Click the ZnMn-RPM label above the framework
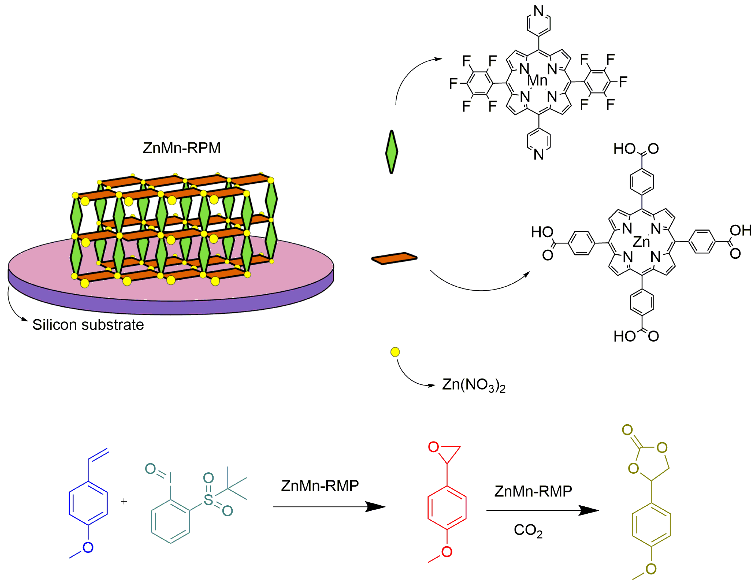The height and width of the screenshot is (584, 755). [x=181, y=148]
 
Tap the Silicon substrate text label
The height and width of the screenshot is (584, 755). [x=88, y=325]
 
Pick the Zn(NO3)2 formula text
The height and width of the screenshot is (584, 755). [x=473, y=385]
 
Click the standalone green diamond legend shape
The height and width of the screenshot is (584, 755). [x=391, y=152]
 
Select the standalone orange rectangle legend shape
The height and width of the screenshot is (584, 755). [x=394, y=258]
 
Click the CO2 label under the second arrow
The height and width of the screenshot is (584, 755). [x=528, y=530]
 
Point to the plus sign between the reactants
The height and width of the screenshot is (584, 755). [x=124, y=501]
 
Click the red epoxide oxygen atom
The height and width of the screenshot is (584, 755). [x=433, y=447]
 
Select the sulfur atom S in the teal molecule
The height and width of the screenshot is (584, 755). [x=209, y=499]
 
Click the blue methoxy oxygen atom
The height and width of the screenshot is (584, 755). [x=88, y=547]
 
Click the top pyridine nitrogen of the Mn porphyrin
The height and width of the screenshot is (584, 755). [x=539, y=11]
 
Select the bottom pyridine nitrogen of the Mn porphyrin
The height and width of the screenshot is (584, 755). [x=539, y=154]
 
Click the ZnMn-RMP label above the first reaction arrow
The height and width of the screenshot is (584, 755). [x=320, y=486]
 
